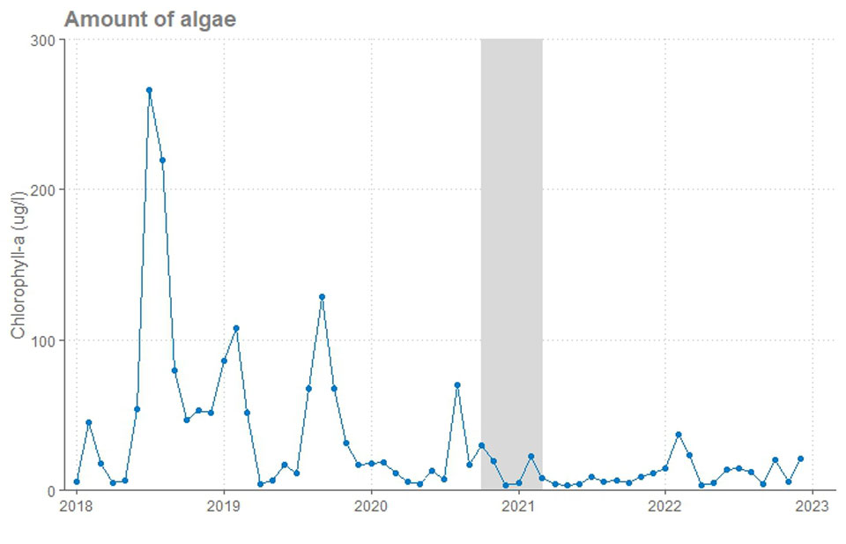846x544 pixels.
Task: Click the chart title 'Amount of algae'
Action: (150, 19)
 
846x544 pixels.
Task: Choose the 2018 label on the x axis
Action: (77, 506)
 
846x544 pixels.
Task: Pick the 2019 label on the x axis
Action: (224, 506)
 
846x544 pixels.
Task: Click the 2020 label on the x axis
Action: (371, 506)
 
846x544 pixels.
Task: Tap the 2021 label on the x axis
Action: (518, 506)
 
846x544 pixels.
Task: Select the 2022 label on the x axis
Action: (665, 506)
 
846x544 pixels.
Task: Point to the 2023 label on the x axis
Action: (813, 506)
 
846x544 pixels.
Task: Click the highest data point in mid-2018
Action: (149, 90)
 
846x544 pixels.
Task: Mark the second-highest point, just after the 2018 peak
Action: (162, 160)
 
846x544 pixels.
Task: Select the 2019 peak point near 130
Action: (323, 297)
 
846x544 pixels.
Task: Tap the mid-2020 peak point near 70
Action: (457, 385)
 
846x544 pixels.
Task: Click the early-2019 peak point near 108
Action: (236, 328)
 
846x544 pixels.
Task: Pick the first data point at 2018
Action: (77, 481)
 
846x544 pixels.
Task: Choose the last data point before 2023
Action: (800, 458)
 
